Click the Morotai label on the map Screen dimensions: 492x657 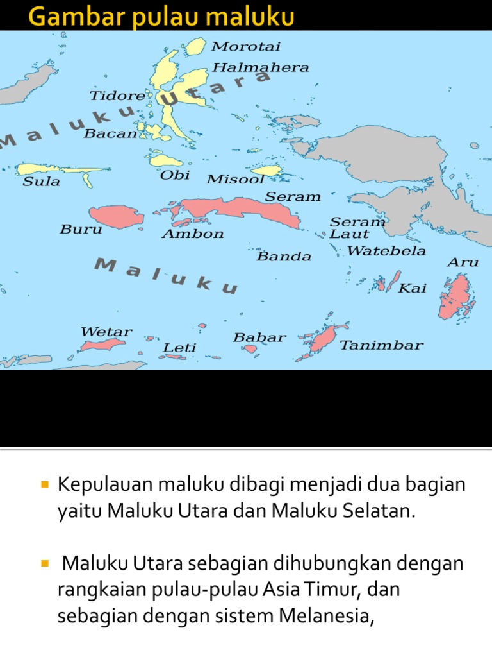pos(246,47)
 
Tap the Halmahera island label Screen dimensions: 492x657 pos(260,67)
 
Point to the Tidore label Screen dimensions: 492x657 pos(117,96)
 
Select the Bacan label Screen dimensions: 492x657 pos(110,133)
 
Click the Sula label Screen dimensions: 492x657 pos(41,182)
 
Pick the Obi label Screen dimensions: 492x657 pos(175,175)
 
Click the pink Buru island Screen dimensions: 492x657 pos(116,216)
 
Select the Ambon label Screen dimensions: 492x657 pos(193,234)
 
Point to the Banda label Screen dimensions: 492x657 pos(284,257)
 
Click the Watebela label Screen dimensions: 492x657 pos(386,251)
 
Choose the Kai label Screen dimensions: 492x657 pos(413,289)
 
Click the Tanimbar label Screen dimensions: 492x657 pos(381,345)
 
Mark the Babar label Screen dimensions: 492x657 pos(259,337)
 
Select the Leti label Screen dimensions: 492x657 pos(179,348)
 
